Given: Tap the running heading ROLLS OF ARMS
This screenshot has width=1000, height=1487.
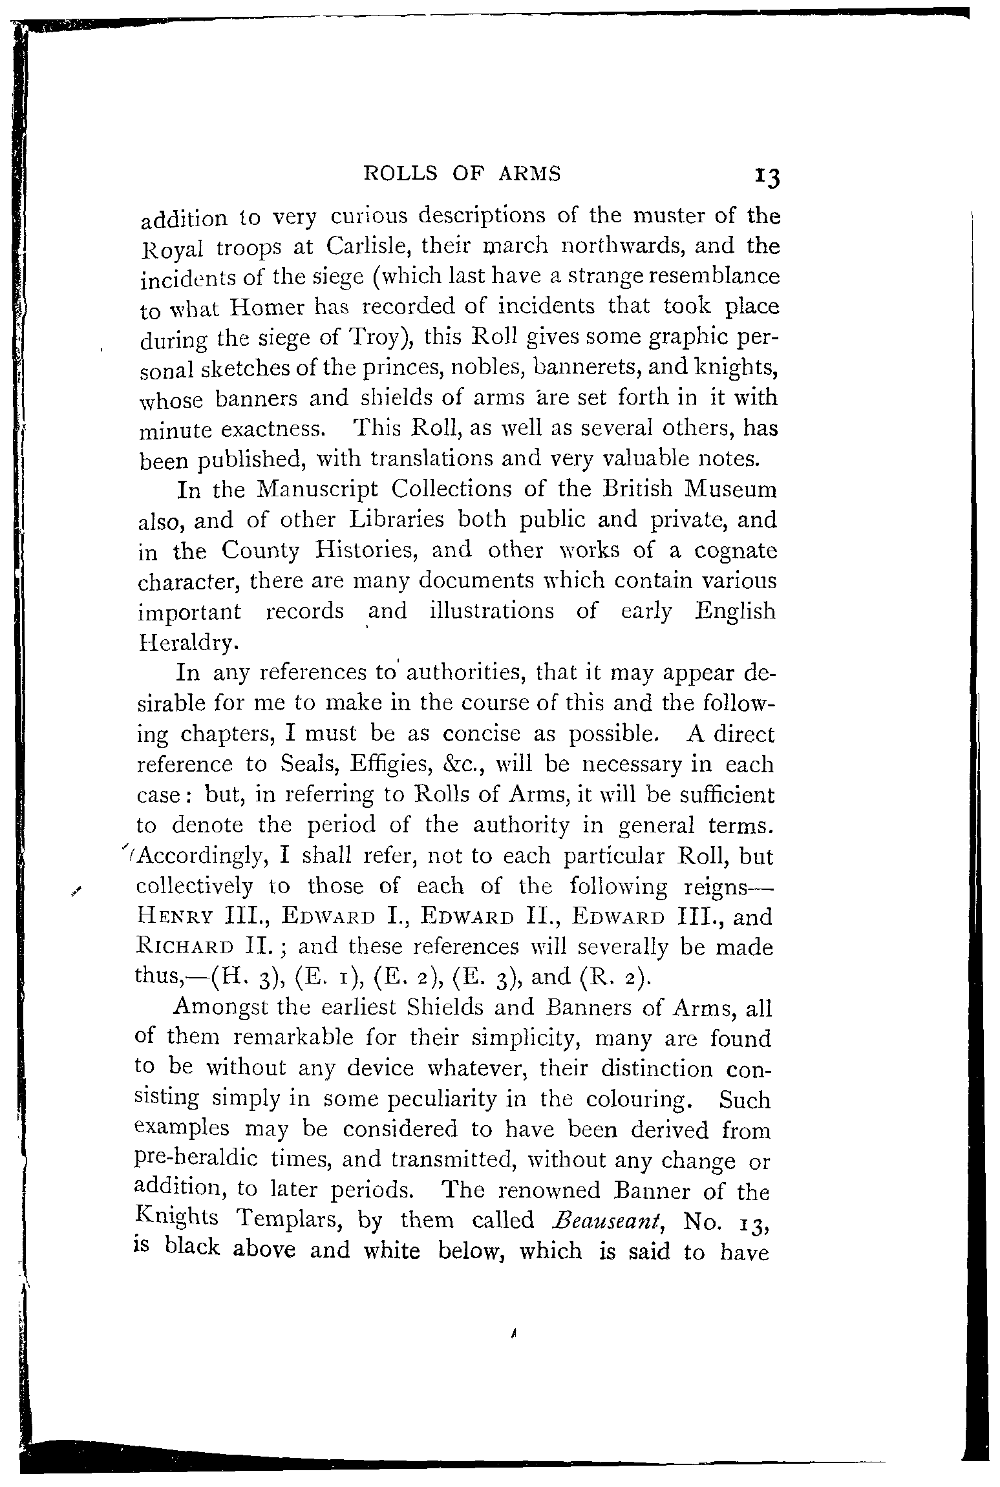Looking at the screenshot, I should (463, 174).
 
